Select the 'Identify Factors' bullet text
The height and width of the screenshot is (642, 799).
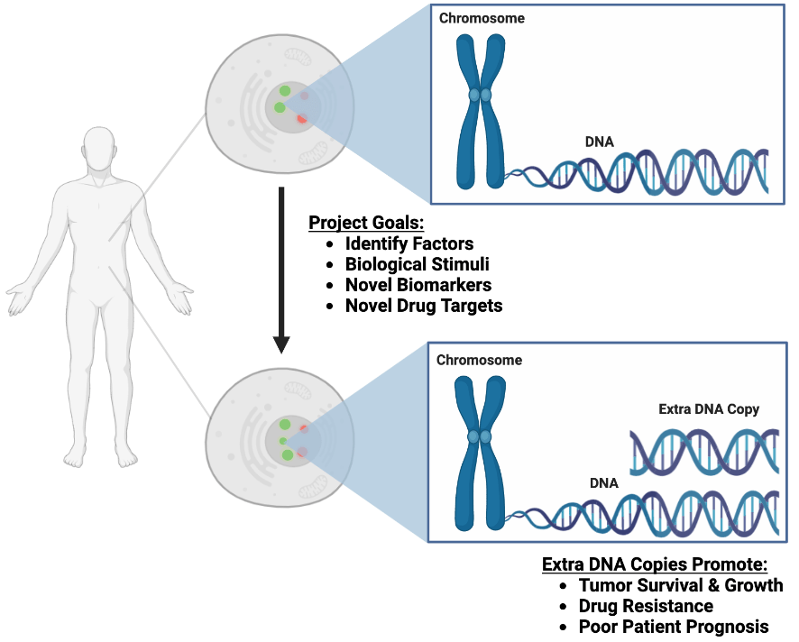tap(409, 243)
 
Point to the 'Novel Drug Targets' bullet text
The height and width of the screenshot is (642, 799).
tap(424, 306)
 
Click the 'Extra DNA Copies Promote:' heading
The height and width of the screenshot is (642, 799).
tap(655, 564)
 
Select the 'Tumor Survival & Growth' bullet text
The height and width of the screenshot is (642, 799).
tap(681, 585)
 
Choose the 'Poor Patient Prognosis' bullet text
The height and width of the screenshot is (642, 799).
tap(674, 627)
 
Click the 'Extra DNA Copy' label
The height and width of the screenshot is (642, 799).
tap(709, 409)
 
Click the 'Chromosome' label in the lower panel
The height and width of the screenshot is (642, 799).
tap(479, 360)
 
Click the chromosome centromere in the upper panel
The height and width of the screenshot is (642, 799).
tap(480, 95)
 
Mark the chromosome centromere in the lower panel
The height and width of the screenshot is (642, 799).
tap(480, 436)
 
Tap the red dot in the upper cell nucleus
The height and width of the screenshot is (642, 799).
tap(302, 118)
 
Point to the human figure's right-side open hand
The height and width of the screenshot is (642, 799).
tap(179, 298)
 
